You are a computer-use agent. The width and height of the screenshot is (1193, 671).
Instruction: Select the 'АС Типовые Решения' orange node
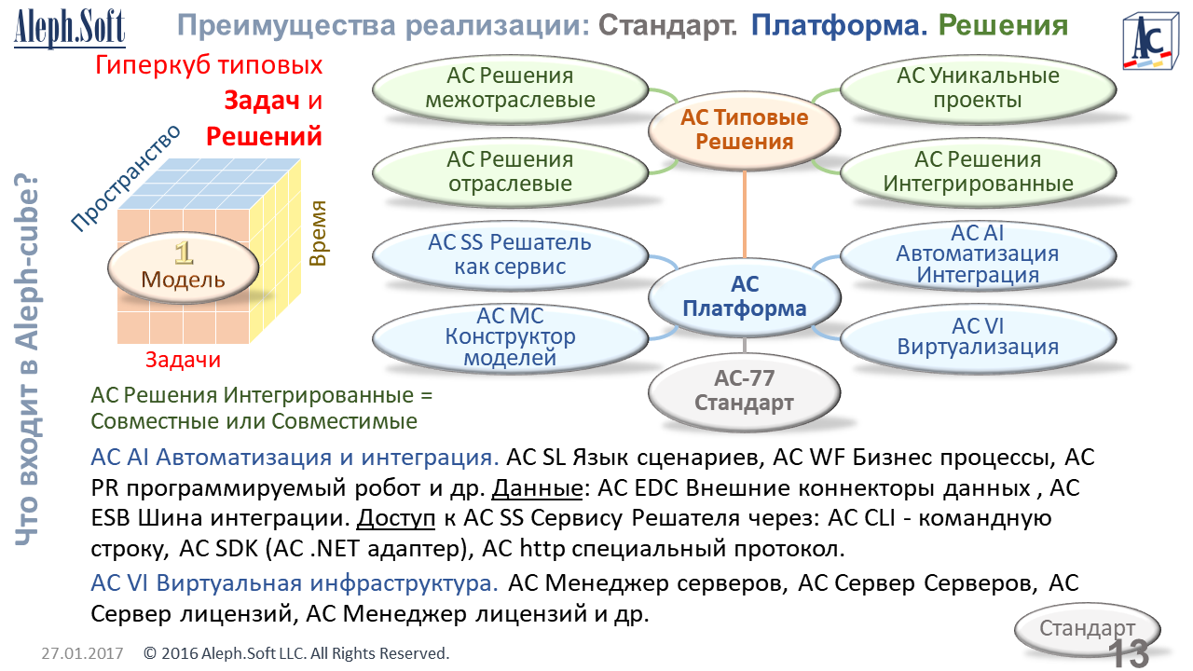coord(744,130)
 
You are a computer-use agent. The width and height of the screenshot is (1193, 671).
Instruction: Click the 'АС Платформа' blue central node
coord(744,295)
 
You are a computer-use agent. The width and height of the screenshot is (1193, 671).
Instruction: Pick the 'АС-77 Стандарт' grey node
coord(744,391)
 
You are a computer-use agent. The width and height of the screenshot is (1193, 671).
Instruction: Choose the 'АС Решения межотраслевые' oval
coord(510,89)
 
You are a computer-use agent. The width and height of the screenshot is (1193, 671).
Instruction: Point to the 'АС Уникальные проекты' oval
coord(978,89)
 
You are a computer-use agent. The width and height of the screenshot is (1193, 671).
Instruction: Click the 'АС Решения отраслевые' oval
coord(510,171)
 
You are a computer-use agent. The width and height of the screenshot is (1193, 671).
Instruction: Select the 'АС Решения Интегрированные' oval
coord(978,171)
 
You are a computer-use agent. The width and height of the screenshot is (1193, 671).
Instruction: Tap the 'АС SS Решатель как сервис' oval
coord(510,254)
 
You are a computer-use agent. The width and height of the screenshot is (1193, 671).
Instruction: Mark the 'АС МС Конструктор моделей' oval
coord(510,336)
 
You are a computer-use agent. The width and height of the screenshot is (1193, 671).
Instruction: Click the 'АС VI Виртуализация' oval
coord(978,336)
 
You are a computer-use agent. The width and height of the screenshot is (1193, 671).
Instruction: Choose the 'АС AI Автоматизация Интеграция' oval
coord(978,253)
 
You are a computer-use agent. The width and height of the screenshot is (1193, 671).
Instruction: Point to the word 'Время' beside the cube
coord(319,233)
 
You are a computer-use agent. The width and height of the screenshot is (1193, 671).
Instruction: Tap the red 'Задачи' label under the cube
coord(184,360)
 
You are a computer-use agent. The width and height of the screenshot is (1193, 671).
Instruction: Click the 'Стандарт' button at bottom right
coord(1087,627)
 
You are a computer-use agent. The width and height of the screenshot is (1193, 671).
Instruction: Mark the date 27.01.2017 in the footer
coord(82,653)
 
